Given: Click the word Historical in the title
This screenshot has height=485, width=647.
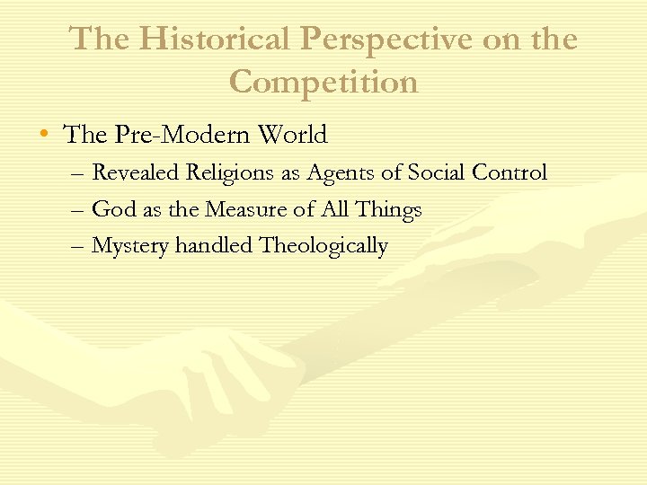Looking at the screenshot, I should (x=215, y=40).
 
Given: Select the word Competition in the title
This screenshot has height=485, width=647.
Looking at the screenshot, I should (x=323, y=82).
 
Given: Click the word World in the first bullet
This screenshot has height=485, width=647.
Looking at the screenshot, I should (x=292, y=136).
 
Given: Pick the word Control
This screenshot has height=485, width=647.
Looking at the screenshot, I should (x=511, y=172).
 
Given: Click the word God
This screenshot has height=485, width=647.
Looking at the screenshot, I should (x=113, y=210).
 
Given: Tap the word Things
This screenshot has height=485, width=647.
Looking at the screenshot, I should (x=388, y=210).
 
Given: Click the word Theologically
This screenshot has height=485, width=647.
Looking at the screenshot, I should (x=323, y=246).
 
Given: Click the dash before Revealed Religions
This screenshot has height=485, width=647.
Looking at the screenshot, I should (x=78, y=173).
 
